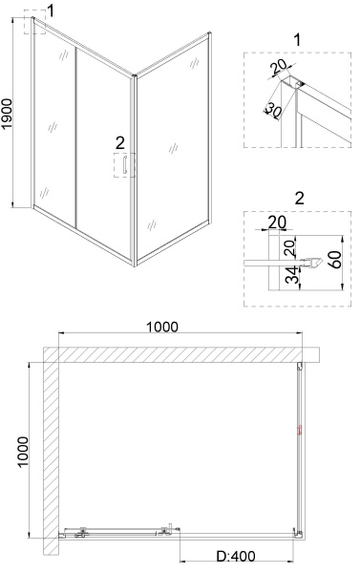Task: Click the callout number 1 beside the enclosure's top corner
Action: (51, 11)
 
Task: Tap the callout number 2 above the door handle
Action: (119, 143)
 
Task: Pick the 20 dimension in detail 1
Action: (280, 68)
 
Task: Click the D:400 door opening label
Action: (237, 556)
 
